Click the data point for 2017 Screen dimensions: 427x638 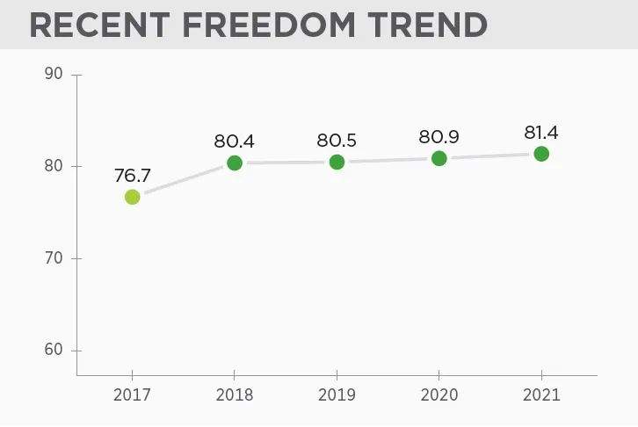(x=132, y=197)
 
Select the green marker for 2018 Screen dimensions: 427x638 (x=235, y=163)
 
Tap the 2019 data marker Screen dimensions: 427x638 (x=337, y=162)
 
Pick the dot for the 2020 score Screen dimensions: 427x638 (x=439, y=158)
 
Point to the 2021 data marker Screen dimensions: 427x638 (x=541, y=154)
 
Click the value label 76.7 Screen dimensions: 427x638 (x=132, y=175)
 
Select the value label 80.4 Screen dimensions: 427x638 (x=234, y=141)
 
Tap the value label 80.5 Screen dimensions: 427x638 (x=337, y=140)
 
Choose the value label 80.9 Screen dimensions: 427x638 (x=439, y=136)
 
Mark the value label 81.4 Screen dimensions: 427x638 (x=541, y=132)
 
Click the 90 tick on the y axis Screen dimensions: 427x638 (x=54, y=74)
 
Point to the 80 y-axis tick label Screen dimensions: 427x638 (x=54, y=166)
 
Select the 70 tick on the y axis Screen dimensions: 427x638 (x=54, y=258)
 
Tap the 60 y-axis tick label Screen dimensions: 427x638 (x=54, y=351)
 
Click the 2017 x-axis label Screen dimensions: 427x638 (x=132, y=394)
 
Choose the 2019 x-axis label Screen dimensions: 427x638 (x=337, y=394)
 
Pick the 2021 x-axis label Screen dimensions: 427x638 (x=541, y=394)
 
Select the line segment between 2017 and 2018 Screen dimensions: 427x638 (x=183, y=180)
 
